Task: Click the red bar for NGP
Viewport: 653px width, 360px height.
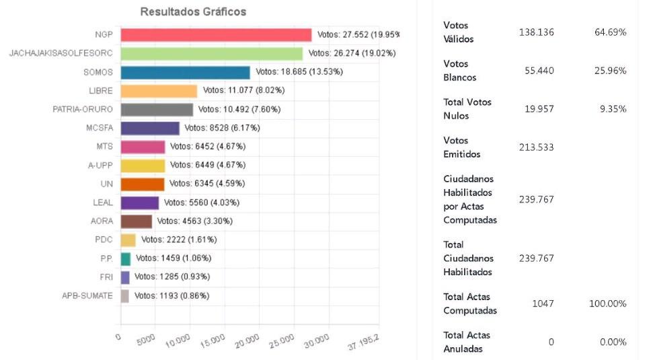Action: pos(215,35)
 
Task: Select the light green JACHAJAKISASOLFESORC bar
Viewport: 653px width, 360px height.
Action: pos(211,53)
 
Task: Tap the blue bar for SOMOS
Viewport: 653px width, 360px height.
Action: pos(185,72)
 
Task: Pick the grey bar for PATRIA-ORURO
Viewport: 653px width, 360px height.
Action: pos(157,109)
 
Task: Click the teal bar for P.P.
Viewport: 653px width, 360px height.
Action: pos(125,258)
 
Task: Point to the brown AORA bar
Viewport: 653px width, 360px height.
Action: pos(136,221)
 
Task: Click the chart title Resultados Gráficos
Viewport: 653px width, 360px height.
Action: pos(193,12)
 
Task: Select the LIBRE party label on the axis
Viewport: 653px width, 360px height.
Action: pos(101,91)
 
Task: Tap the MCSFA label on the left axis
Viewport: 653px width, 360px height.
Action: pos(99,128)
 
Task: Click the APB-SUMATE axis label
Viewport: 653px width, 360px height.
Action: pos(87,295)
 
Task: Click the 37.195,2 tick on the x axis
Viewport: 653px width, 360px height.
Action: pos(363,343)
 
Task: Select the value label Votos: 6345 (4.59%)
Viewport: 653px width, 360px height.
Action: pos(206,184)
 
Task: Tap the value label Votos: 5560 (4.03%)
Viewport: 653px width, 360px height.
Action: pos(202,203)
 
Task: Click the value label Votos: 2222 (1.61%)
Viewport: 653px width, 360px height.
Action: pos(179,240)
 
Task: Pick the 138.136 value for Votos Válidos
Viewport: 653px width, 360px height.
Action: pos(536,32)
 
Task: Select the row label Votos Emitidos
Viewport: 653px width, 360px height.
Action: pos(462,147)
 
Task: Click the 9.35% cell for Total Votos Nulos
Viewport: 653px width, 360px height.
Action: pos(613,109)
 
